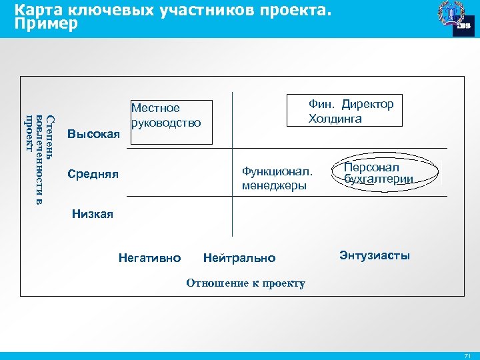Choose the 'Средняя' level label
point(93,175)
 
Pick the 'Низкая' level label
point(92,214)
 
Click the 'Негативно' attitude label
point(149,257)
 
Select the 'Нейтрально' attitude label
point(239,257)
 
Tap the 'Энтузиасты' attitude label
point(375,255)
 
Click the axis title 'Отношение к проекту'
point(245,283)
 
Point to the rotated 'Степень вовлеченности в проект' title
point(41,160)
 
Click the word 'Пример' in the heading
point(46,24)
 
